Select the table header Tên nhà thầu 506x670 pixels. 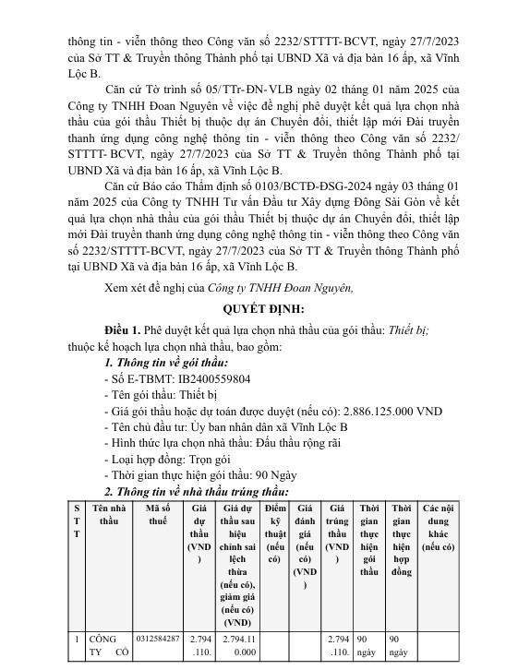coord(109,514)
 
